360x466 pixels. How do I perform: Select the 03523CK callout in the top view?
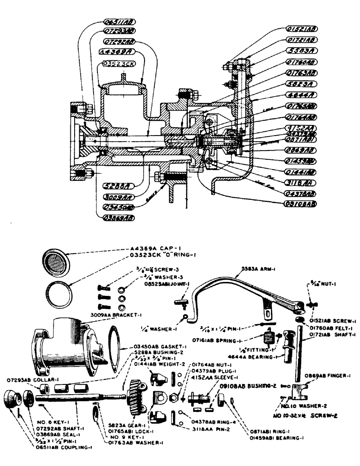(117, 63)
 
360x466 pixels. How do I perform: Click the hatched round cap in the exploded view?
(55, 259)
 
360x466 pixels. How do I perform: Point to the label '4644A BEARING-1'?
(253, 357)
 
